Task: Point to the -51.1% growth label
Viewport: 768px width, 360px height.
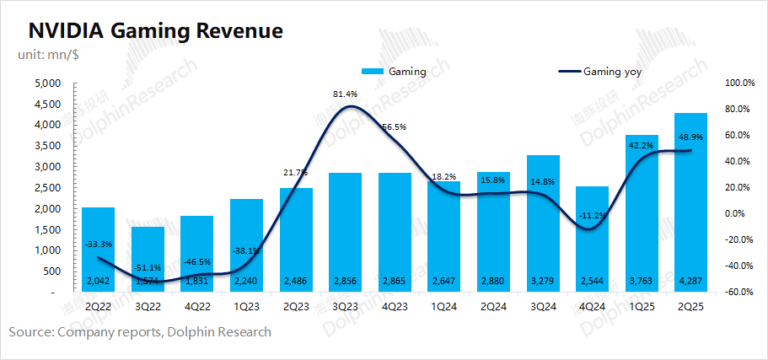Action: (x=148, y=244)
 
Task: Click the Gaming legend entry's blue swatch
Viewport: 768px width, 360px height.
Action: (x=373, y=72)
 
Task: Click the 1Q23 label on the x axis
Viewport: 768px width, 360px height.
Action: (x=246, y=304)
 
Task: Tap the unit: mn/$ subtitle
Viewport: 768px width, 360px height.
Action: (x=48, y=55)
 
